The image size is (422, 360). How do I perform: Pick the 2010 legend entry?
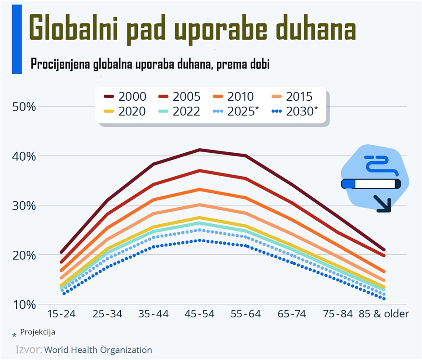coord(233,96)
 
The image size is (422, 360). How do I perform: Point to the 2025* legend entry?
coord(236,111)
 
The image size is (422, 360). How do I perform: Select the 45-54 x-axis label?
coord(200,314)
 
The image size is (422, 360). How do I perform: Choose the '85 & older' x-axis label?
coord(384,314)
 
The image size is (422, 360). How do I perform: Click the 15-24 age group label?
coord(62,314)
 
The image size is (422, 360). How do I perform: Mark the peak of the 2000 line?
coord(200,150)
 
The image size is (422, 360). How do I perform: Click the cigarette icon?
coord(371,183)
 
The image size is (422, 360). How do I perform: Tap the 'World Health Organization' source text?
coord(98,350)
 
